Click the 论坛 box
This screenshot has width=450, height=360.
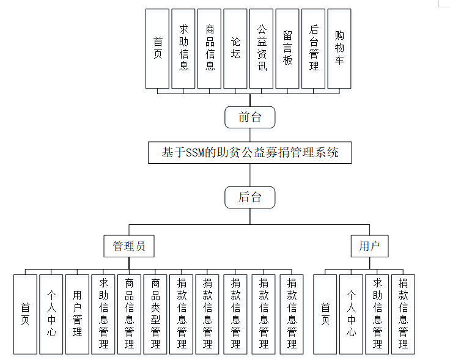pyautogui.click(x=235, y=48)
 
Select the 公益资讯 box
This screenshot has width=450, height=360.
pyautogui.click(x=262, y=48)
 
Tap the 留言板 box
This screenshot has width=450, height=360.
pyautogui.click(x=287, y=48)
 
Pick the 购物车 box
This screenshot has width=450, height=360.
pyautogui.click(x=339, y=48)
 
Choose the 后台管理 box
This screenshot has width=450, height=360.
pyautogui.click(x=314, y=48)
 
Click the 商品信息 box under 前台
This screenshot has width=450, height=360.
pyautogui.click(x=210, y=48)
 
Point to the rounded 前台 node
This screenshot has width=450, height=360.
pyautogui.click(x=249, y=117)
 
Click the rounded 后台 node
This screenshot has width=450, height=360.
pyautogui.click(x=249, y=197)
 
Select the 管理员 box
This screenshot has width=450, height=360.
pyautogui.click(x=128, y=246)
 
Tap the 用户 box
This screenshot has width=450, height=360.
pyautogui.click(x=369, y=246)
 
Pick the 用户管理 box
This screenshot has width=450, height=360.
pyautogui.click(x=77, y=314)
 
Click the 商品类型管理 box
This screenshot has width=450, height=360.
pyautogui.click(x=155, y=314)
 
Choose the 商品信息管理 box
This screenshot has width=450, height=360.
pyautogui.click(x=129, y=314)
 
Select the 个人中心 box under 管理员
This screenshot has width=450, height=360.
pyautogui.click(x=51, y=314)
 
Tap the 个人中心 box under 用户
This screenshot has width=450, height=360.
pyautogui.click(x=351, y=314)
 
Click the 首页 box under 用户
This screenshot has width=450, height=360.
pyautogui.click(x=325, y=314)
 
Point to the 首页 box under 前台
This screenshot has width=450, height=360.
pyautogui.click(x=158, y=48)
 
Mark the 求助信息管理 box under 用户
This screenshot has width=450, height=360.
pyautogui.click(x=377, y=314)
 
